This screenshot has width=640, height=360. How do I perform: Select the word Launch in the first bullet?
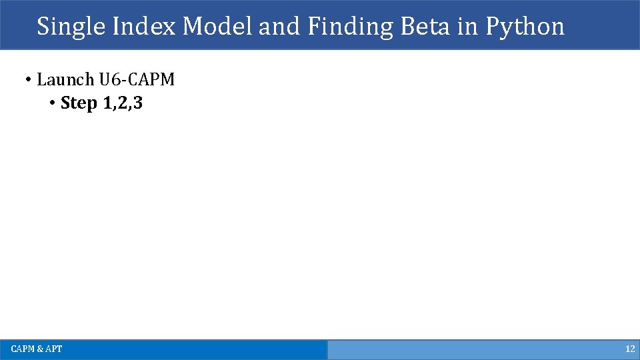click(x=65, y=80)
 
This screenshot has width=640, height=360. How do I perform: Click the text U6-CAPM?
click(x=137, y=80)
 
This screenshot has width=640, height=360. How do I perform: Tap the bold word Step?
click(x=79, y=104)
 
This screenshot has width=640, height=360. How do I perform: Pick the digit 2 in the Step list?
click(x=121, y=104)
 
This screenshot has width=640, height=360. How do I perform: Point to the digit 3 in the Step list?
click(x=137, y=104)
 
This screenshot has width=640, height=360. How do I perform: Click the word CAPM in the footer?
click(x=23, y=349)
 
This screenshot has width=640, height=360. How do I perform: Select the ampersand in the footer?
click(x=40, y=349)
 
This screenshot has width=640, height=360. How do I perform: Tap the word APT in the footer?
click(x=53, y=349)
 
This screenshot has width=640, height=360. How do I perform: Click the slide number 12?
click(x=629, y=349)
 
